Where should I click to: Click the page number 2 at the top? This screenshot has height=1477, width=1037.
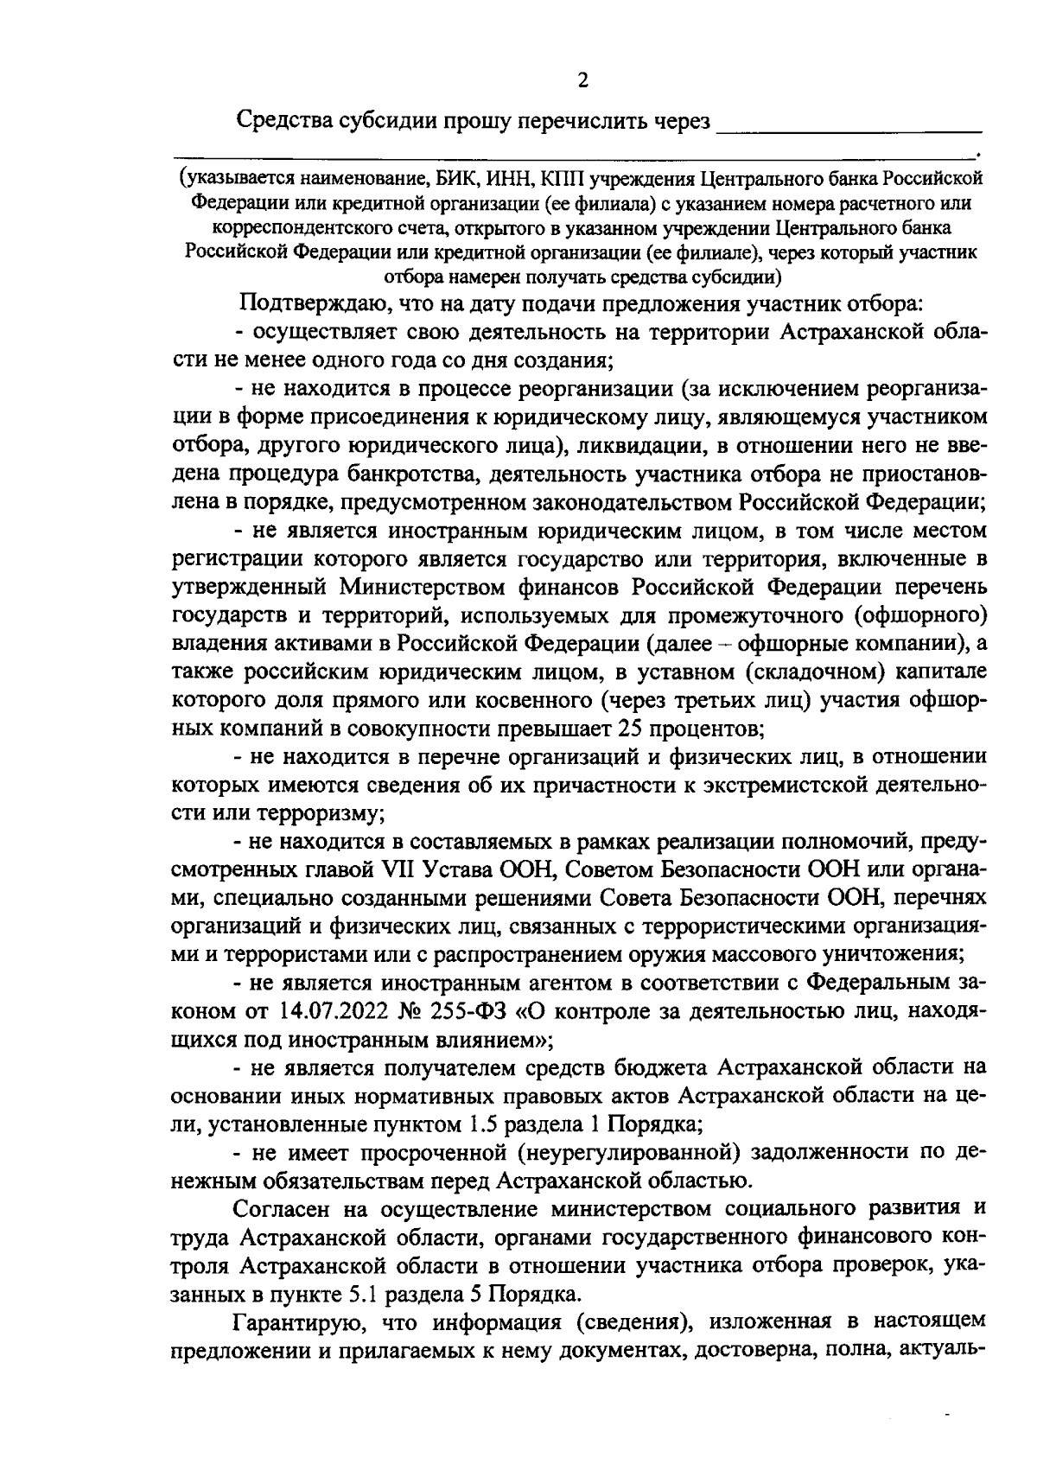point(582,81)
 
